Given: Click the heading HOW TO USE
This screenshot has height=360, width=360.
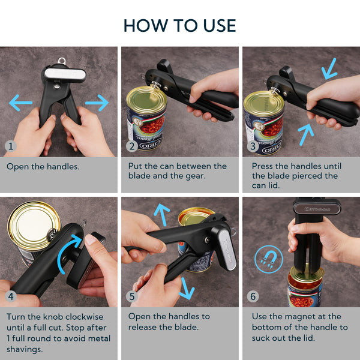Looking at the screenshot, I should click(x=179, y=25).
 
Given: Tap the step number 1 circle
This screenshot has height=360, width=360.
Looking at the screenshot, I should click(x=11, y=146).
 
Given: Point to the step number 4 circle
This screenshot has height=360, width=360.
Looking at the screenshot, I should click(x=11, y=296).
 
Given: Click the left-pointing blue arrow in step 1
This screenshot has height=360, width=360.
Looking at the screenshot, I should click(x=20, y=104).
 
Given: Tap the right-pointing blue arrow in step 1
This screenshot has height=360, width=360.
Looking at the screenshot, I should click(x=97, y=104).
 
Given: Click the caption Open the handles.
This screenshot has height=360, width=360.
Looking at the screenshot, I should click(x=43, y=166).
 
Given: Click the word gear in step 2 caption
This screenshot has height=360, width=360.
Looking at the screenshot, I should click(x=194, y=176).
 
